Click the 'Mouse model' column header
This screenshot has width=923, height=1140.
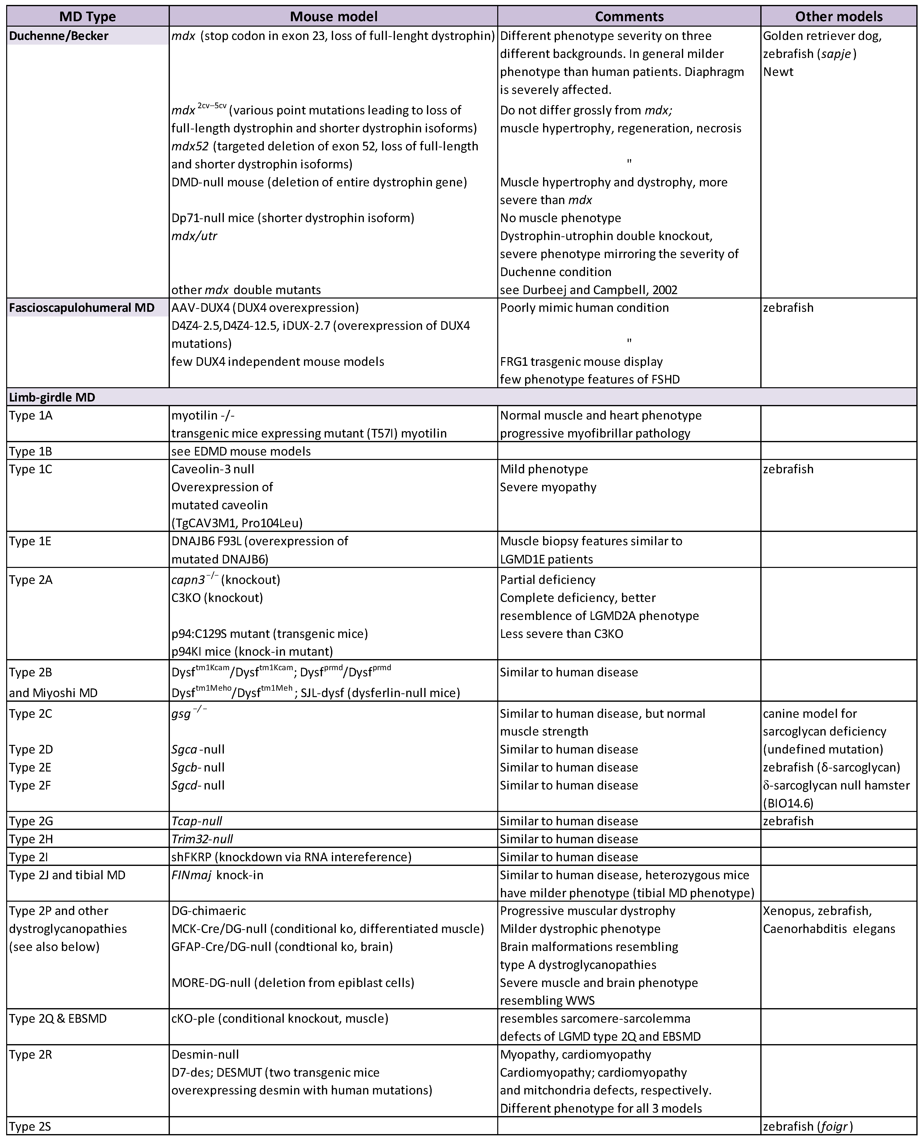coord(333,17)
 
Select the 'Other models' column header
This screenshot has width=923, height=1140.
coord(838,17)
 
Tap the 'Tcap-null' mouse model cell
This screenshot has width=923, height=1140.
coord(197,821)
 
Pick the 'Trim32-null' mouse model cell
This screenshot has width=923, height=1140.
coord(202,839)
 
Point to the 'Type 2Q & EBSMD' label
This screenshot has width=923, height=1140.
coord(57,1019)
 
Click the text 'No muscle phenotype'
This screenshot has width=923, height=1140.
coord(560,218)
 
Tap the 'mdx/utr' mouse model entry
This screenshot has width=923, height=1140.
coord(194,236)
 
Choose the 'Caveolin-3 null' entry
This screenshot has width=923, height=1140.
coord(213,469)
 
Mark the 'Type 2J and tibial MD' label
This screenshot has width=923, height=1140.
coord(67,875)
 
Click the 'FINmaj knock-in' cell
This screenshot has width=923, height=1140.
coord(217,875)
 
